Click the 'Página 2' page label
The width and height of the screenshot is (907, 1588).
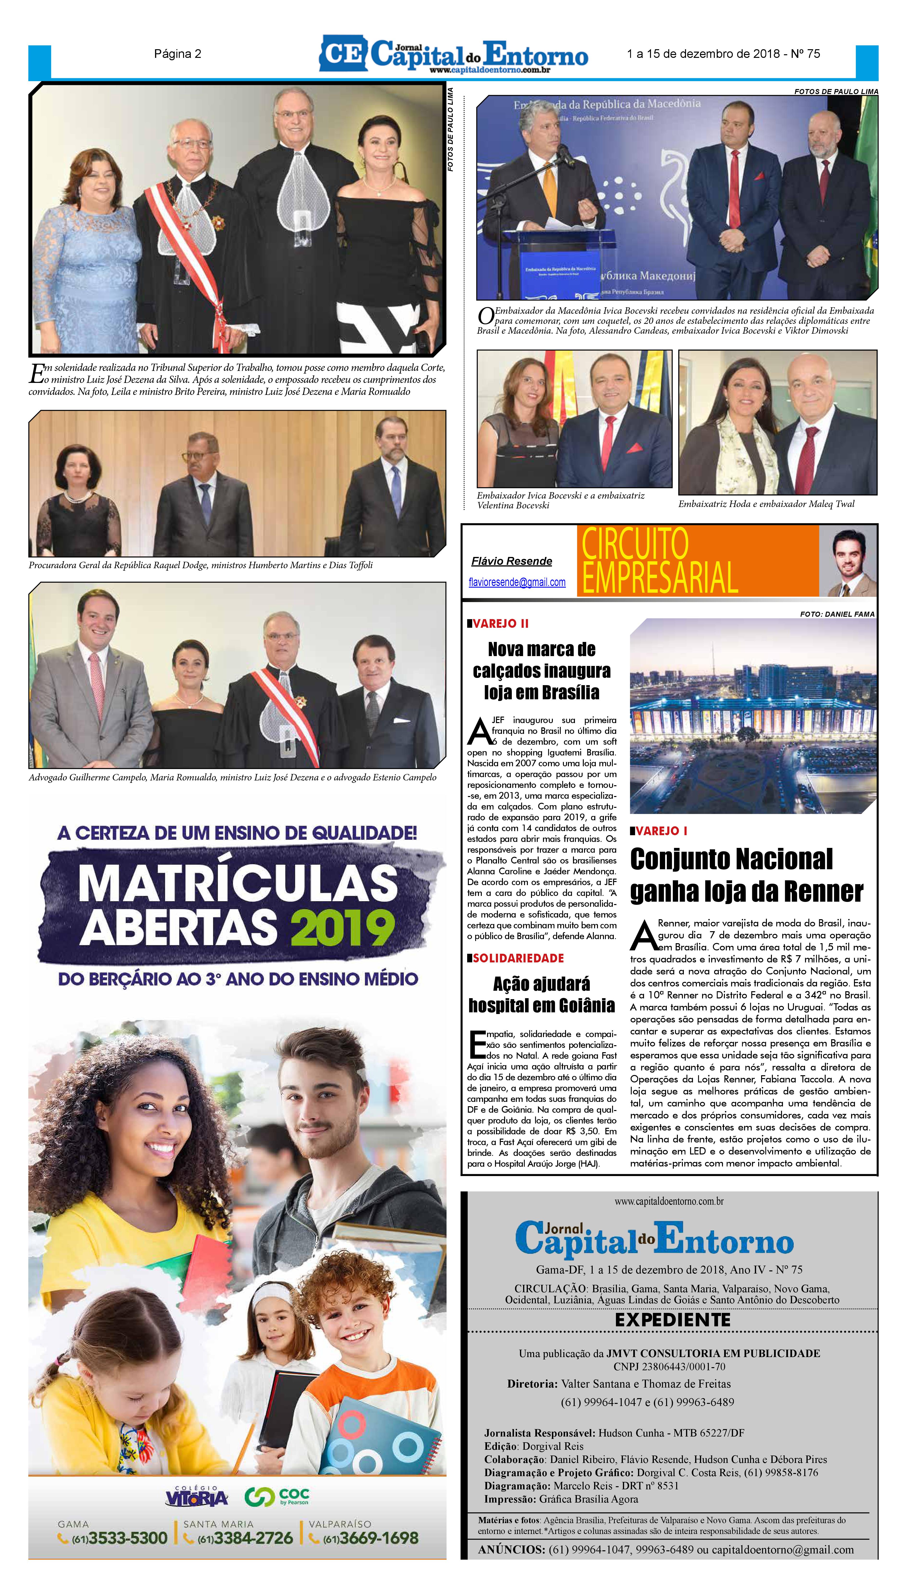pos(178,54)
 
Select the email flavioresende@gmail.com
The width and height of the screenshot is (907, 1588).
pos(517,582)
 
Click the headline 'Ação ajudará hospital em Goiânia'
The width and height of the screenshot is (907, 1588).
pos(541,995)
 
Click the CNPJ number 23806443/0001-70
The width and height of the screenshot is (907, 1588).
pos(669,1367)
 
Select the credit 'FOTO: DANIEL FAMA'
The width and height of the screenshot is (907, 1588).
pos(837,614)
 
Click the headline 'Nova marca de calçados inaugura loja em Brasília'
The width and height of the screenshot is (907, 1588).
pos(541,670)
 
